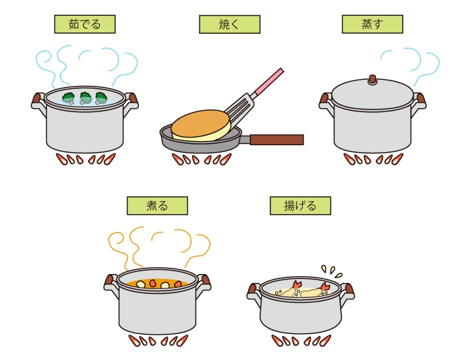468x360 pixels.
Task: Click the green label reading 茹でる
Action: [x=85, y=24]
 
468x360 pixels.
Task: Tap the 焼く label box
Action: [x=229, y=24]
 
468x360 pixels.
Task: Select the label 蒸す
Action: [x=372, y=24]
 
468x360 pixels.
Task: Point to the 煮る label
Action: [x=158, y=206]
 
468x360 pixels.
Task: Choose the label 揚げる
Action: [x=300, y=206]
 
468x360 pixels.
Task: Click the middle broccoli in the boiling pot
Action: [x=85, y=98]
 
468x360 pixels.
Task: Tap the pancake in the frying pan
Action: [x=201, y=125]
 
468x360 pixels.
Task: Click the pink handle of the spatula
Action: [x=268, y=81]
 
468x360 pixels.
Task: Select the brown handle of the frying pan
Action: [x=277, y=140]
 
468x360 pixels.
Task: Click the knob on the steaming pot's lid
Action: [x=372, y=80]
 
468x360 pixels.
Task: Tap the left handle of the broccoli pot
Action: [x=37, y=100]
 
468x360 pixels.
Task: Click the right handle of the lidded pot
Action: [x=421, y=101]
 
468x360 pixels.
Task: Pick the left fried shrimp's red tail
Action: [x=297, y=284]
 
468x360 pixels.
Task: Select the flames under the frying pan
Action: [x=202, y=159]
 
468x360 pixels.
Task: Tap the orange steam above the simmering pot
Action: [x=159, y=247]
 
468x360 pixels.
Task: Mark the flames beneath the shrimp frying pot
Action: [x=301, y=341]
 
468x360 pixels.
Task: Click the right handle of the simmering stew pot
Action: [x=205, y=282]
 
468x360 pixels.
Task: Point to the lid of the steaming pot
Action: [x=372, y=92]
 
